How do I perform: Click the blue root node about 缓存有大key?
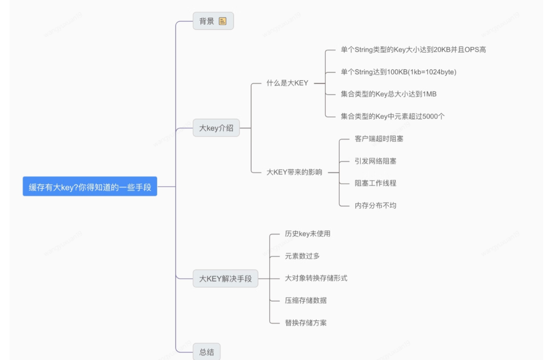point(90,187)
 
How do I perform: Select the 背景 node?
point(213,21)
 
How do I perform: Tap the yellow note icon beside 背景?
point(222,21)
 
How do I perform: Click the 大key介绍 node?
point(216,128)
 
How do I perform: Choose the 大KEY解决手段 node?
point(225,279)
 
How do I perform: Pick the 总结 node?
point(206,351)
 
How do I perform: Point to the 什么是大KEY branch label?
point(287,83)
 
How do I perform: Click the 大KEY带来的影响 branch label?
point(294,172)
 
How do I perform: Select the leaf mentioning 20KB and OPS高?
point(414,50)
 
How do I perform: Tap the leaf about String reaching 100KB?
point(398,72)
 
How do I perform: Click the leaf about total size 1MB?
point(389,94)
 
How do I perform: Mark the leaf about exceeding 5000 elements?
point(392,116)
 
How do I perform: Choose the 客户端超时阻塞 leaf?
point(379,139)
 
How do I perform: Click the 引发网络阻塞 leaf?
point(375,161)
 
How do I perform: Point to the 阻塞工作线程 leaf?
point(375,183)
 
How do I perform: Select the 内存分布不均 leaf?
point(375,205)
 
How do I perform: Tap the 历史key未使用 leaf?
point(307,234)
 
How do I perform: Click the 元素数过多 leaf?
point(302,256)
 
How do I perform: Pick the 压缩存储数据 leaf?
point(306,300)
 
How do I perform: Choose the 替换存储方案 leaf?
point(306,323)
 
